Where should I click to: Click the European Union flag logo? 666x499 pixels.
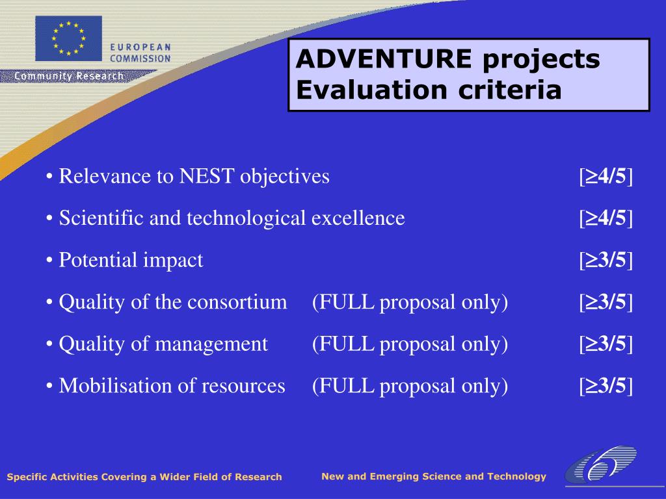coord(68,38)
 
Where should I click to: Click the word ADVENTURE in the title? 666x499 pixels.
coord(384,58)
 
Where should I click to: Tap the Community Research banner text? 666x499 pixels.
coord(69,76)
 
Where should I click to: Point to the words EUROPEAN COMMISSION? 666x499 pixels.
coord(140,53)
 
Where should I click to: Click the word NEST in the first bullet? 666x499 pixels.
coord(206,176)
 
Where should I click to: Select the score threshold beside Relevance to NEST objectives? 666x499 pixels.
coord(606,177)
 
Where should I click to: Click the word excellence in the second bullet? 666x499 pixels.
coord(358,218)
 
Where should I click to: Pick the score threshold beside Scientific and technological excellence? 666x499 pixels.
coord(606,218)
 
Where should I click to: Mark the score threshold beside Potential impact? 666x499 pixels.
coord(606,260)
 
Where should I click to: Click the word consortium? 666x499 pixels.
coord(237,302)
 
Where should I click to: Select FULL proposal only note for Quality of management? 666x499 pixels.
coord(410,344)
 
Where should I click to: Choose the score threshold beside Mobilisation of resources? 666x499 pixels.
coord(606,386)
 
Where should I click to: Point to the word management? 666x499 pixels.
coord(211,345)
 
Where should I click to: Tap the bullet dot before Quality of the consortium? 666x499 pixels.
coord(49,303)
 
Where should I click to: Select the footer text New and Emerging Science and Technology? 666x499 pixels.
coord(434,476)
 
